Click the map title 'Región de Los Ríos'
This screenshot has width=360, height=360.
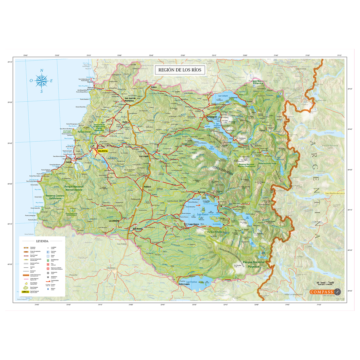[x=180, y=70]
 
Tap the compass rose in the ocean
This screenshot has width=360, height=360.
[x=42, y=81]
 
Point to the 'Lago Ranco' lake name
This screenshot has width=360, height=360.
[x=202, y=214]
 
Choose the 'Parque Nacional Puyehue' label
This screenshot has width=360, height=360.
[x=254, y=264]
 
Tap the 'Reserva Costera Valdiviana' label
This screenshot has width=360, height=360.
[x=55, y=197]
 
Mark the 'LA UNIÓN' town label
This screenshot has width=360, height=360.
[x=114, y=221]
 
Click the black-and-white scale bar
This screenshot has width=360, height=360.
[x=325, y=282]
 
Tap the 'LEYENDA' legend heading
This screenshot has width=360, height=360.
[x=42, y=241]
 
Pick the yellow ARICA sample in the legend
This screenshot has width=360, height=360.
[x=25, y=292]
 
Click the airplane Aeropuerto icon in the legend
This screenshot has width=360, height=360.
[x=48, y=273]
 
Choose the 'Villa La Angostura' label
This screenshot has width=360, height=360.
[x=293, y=294]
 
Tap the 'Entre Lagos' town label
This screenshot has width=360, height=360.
[x=184, y=284]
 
